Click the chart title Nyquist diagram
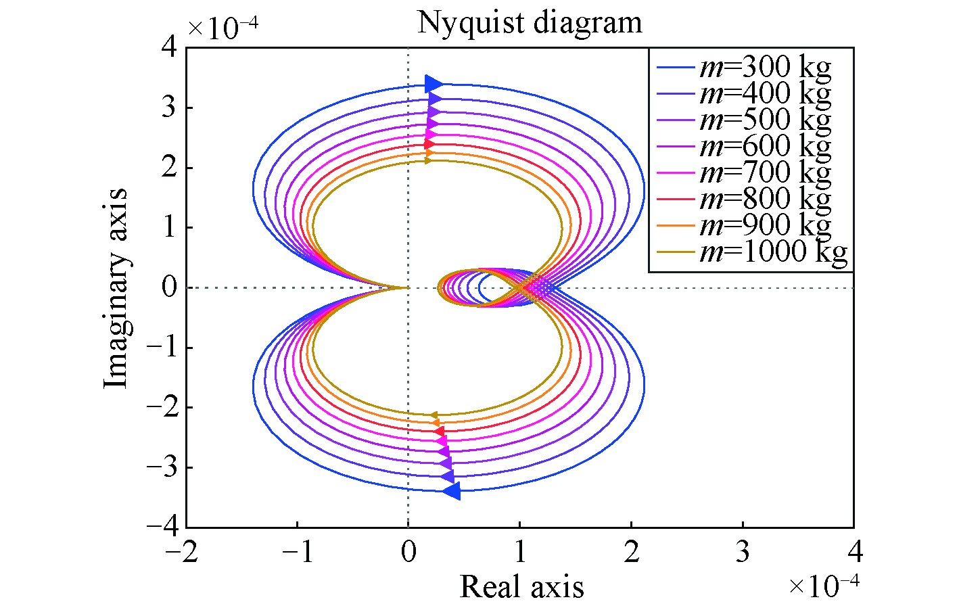coord(529,22)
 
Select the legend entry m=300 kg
coord(764,68)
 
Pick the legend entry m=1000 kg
coord(772,252)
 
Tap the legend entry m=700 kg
coord(764,172)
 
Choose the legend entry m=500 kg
coord(764,120)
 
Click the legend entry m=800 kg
coord(764,199)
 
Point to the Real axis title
coord(521,586)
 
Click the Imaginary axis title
coord(116,288)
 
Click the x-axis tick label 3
coord(743,553)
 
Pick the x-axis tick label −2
coord(179,553)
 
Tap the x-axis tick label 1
coord(519,553)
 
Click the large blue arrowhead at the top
coord(434,85)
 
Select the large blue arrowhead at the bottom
coord(451,491)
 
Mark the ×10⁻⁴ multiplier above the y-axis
coord(223,28)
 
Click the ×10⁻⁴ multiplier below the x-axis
coord(824,585)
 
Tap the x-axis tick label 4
coord(854,553)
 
